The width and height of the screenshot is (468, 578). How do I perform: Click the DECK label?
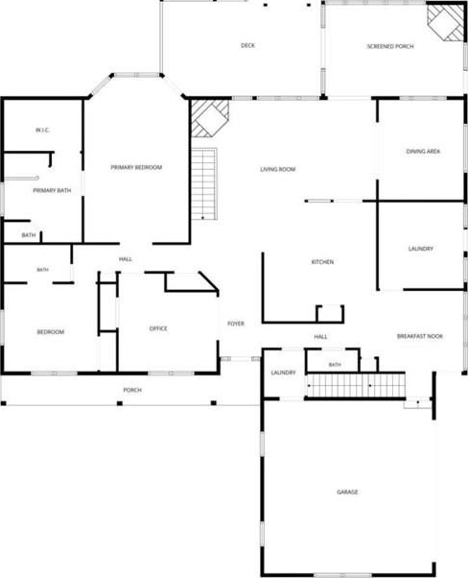click(247, 45)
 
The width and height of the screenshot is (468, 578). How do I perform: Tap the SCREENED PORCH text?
click(390, 46)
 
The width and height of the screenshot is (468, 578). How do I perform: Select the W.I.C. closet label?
click(42, 131)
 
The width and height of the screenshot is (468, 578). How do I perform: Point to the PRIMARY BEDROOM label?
click(136, 167)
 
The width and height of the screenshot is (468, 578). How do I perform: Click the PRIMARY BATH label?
click(52, 190)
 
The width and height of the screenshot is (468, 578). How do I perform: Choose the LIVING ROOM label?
click(277, 169)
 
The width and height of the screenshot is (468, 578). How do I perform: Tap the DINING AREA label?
click(423, 151)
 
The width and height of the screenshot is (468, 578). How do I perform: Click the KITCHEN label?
click(322, 262)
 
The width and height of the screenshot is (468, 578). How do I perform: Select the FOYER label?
click(236, 324)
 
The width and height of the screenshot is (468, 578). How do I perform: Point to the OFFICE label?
click(158, 328)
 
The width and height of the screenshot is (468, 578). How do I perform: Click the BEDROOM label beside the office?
click(51, 332)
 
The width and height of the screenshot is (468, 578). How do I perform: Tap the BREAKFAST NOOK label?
click(420, 336)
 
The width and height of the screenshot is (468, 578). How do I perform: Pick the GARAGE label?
click(347, 493)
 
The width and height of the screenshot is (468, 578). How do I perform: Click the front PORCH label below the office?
click(132, 390)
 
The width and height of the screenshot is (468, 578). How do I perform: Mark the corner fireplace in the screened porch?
click(446, 22)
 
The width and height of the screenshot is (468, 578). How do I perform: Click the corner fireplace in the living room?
click(210, 118)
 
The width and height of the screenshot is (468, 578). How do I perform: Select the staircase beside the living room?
click(203, 183)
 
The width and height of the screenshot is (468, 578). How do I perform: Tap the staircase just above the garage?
click(356, 385)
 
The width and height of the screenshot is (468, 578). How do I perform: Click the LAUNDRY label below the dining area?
click(420, 249)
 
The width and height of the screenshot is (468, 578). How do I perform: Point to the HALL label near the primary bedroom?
click(126, 259)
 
